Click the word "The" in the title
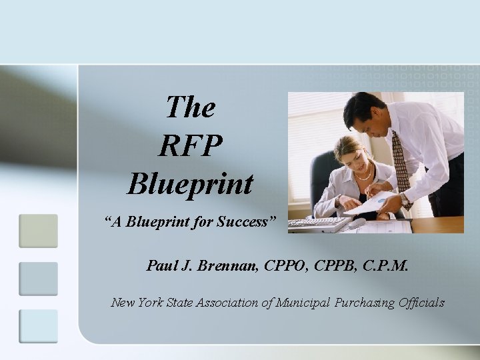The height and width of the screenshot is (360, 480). coord(190,107)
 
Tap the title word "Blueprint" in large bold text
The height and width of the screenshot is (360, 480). coord(190,183)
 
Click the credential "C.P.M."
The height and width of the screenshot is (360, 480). coord(384,267)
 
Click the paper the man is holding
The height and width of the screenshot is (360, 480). coord(371,204)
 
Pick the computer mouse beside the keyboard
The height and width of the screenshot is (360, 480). coord(357,223)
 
